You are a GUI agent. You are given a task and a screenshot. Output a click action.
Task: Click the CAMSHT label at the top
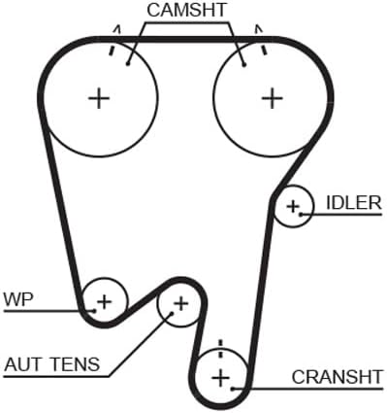(186, 10)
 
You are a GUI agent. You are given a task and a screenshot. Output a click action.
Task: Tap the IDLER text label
(354, 203)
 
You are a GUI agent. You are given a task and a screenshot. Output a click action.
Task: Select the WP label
(18, 299)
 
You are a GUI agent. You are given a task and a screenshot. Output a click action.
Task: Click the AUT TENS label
(52, 364)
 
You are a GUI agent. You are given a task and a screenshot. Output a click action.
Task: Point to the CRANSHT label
(337, 377)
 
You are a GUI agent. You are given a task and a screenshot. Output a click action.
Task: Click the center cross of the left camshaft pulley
(99, 98)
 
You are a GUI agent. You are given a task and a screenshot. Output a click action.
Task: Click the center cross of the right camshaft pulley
(272, 98)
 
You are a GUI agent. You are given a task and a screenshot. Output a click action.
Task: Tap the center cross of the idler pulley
(293, 206)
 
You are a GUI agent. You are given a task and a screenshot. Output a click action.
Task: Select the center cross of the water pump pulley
(105, 302)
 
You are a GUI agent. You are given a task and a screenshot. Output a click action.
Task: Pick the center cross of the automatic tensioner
(181, 304)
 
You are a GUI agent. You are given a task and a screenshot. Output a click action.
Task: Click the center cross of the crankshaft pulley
(221, 377)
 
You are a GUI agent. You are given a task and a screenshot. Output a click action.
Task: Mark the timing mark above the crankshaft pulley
(221, 349)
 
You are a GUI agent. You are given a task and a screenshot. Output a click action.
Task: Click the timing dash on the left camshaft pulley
(112, 51)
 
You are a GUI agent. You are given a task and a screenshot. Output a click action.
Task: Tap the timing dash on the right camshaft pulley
(264, 50)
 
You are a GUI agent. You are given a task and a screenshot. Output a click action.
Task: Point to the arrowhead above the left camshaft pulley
(117, 29)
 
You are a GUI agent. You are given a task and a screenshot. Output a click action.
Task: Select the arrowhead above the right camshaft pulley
(258, 29)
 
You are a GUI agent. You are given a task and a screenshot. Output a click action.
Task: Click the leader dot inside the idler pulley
(301, 214)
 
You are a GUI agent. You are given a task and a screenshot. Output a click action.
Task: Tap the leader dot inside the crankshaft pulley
(233, 388)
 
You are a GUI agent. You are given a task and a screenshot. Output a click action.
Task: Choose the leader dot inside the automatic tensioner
(172, 313)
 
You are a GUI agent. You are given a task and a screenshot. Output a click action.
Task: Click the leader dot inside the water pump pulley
(94, 311)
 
